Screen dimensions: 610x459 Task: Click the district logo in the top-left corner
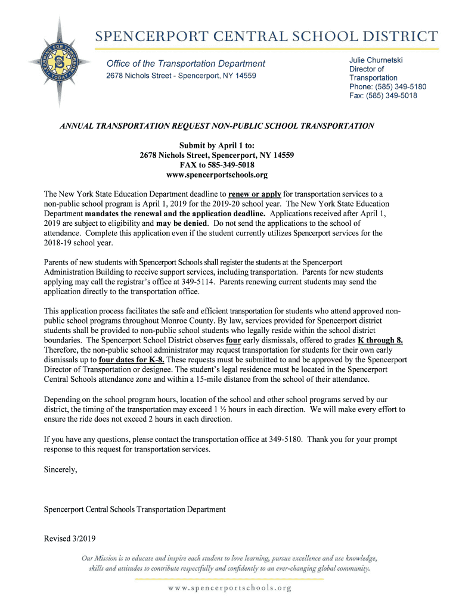60,62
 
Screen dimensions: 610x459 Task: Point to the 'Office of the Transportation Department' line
185,64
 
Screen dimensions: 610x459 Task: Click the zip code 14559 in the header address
244,76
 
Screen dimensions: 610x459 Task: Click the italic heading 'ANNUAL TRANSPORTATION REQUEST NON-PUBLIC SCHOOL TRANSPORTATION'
216,126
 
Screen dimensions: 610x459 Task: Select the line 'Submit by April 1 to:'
216,145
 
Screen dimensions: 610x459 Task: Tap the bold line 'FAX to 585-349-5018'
216,165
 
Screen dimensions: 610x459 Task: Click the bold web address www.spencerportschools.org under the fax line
216,175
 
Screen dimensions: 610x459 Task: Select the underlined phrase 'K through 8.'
380,340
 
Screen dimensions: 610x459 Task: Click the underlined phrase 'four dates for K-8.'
132,360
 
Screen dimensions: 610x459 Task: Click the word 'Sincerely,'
61,469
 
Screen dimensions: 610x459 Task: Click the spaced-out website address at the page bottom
229,588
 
